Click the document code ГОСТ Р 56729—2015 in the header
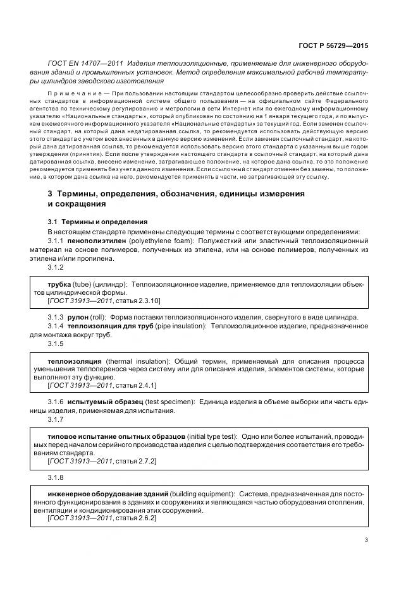point(333,45)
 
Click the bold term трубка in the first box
point(59,285)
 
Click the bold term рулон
point(78,316)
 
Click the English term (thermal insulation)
point(138,360)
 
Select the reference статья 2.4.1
point(130,385)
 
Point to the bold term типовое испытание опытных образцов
point(116,437)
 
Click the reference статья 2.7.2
point(130,462)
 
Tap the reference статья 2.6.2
point(130,518)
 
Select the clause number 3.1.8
point(56,478)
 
